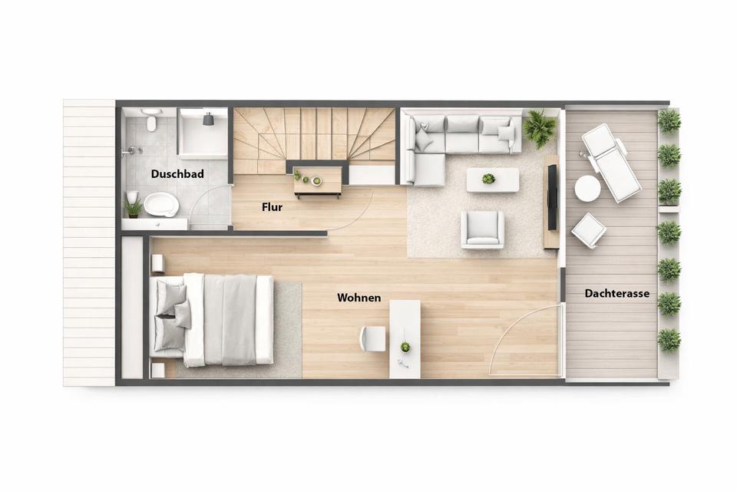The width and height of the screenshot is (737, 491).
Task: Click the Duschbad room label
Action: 177,174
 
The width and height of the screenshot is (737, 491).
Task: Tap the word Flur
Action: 272,206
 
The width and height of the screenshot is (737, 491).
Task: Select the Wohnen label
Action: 359,298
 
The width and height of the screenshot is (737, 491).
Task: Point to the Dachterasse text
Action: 616,294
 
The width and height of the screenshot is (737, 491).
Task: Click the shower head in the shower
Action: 208,119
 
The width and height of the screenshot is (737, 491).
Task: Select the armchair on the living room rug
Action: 482,229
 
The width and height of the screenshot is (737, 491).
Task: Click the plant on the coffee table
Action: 489,179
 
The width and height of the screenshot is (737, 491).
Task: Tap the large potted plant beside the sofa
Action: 540,126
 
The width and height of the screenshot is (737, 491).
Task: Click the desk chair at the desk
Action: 372,339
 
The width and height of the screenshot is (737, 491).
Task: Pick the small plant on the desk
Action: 405,348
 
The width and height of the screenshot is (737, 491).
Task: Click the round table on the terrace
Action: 587,189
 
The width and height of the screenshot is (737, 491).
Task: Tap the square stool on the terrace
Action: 589,230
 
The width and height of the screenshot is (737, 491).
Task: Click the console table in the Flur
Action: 318,181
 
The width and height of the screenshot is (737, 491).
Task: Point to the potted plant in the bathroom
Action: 133,206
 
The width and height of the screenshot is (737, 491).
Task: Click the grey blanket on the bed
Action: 230,320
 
